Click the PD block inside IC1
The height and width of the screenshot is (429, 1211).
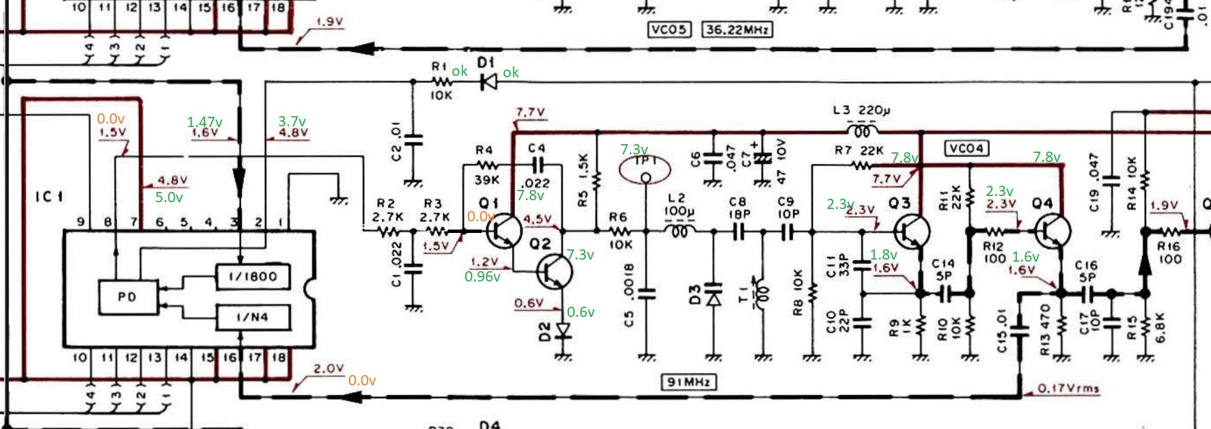[127, 297]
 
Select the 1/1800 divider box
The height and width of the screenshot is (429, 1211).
[252, 277]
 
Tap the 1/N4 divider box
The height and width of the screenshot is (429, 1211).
[252, 317]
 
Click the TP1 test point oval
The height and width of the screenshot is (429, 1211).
[645, 169]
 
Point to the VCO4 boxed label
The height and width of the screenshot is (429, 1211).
[966, 148]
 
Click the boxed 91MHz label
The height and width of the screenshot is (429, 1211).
[688, 382]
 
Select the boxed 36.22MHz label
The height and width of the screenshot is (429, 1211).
[737, 30]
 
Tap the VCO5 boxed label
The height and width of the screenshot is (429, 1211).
[669, 30]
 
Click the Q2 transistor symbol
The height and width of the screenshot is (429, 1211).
[554, 271]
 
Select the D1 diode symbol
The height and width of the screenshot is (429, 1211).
[488, 82]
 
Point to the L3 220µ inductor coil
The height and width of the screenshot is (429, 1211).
[862, 130]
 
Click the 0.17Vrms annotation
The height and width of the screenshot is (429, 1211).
[1068, 389]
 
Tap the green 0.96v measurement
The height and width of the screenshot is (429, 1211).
[482, 277]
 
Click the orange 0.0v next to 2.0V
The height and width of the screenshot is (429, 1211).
[361, 380]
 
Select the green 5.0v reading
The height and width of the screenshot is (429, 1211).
[169, 197]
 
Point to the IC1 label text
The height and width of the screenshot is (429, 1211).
[49, 197]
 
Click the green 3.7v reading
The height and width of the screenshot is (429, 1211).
[292, 121]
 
